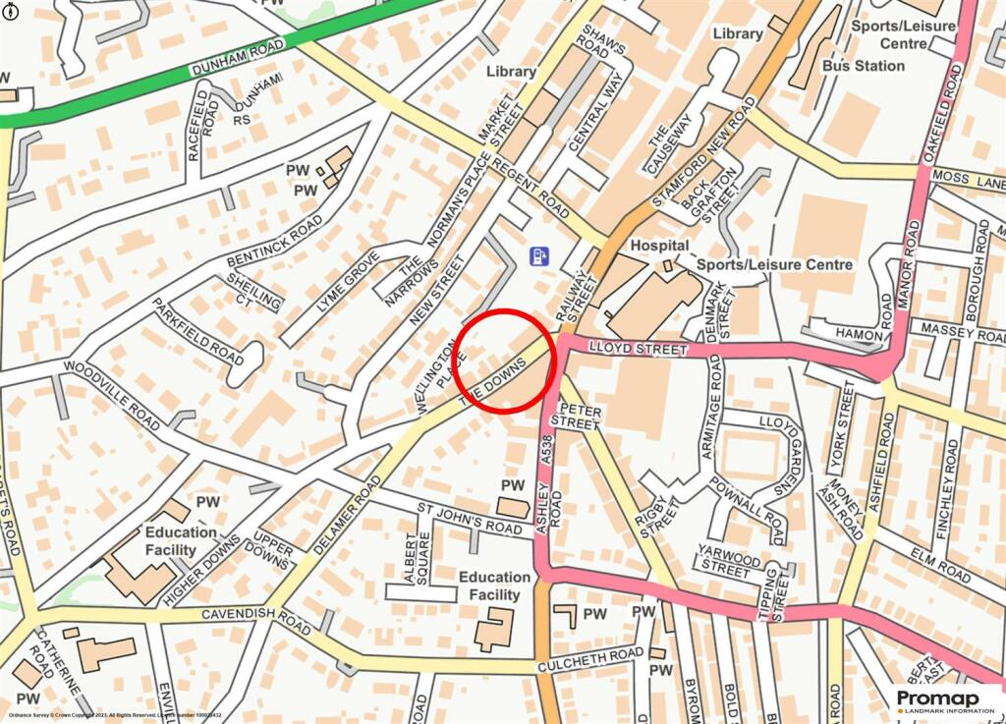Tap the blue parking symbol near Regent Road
[538, 256]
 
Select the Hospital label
[659, 245]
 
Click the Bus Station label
[863, 66]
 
